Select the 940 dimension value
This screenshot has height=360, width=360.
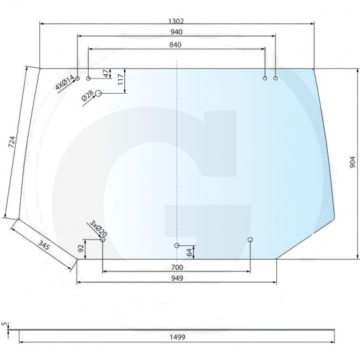pyautogui.click(x=176, y=32)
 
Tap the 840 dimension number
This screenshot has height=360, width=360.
pyautogui.click(x=176, y=44)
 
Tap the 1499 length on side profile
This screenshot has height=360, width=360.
pyautogui.click(x=177, y=338)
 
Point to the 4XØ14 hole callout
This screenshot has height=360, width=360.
pyautogui.click(x=64, y=82)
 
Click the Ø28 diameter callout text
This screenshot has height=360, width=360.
pyautogui.click(x=87, y=96)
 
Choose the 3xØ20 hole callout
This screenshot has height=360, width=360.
pyautogui.click(x=98, y=228)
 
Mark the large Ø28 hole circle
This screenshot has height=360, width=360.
pyautogui.click(x=99, y=93)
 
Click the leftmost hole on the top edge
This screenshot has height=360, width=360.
pyautogui.click(x=77, y=78)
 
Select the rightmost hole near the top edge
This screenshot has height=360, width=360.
pyautogui.click(x=276, y=78)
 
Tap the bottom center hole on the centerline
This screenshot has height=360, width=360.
pyautogui.click(x=177, y=245)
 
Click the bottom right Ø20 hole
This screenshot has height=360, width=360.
pyautogui.click(x=250, y=240)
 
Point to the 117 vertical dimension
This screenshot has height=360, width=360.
pyautogui.click(x=120, y=79)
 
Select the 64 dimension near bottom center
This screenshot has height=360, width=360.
pyautogui.click(x=189, y=252)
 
